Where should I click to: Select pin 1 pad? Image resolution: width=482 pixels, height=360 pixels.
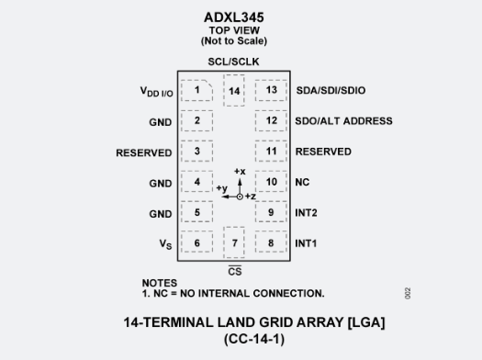pos(196,90)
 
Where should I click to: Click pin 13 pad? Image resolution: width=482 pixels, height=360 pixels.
pos(271,90)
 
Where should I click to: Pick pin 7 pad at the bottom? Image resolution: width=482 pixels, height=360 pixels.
pos(234,242)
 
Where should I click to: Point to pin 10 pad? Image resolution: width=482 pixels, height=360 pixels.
pos(271,182)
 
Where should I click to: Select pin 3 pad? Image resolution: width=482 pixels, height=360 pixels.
pos(196,152)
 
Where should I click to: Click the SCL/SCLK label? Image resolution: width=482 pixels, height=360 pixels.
pos(234,61)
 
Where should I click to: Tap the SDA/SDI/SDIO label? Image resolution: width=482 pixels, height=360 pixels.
pos(331,90)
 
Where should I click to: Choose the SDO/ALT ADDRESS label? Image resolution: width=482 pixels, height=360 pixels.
pos(343,120)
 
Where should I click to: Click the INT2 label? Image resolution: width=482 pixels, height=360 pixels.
pos(308,213)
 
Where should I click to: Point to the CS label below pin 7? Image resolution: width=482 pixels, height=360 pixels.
pos(234,272)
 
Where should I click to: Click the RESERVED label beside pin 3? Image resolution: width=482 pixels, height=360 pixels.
pos(143,152)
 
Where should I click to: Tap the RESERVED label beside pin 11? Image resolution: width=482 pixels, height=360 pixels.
pos(323,152)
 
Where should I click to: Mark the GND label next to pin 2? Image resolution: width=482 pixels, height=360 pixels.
pos(161,121)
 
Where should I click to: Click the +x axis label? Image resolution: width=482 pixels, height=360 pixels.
pos(240,172)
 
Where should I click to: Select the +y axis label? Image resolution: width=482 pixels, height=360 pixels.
pos(220,188)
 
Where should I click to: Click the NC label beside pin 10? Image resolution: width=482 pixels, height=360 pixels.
pos(302,182)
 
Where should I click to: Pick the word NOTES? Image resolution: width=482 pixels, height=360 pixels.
pos(159,283)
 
